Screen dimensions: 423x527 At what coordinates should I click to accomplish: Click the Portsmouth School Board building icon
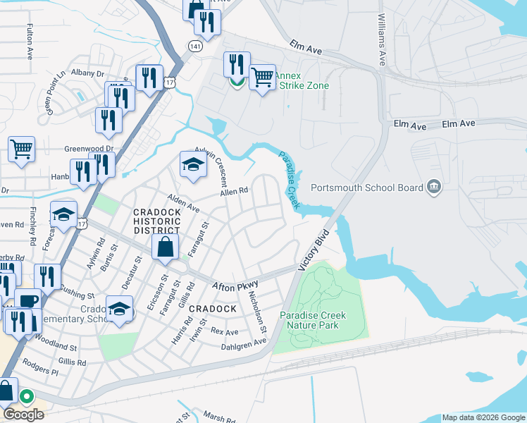click(x=434, y=187)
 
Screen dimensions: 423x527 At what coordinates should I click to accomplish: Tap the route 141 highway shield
click(x=195, y=45)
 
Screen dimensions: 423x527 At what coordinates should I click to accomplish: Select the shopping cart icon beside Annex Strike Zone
click(x=262, y=77)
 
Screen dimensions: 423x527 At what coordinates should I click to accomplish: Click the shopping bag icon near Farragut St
click(x=164, y=247)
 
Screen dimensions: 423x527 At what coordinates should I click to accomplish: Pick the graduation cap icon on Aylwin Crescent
click(x=192, y=164)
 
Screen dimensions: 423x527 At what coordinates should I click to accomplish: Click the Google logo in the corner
click(x=23, y=414)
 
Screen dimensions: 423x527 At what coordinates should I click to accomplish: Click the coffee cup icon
click(x=27, y=301)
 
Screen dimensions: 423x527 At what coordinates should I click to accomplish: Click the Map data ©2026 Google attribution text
click(x=483, y=417)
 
